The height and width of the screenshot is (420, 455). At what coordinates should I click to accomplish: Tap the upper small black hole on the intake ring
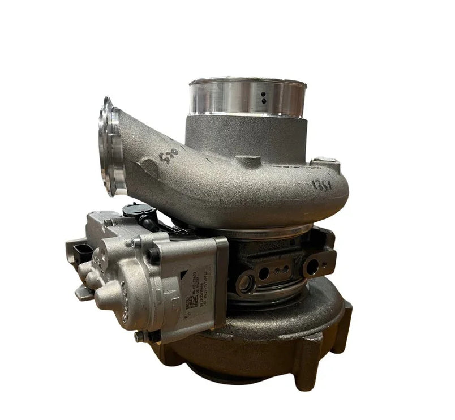coord(263,95)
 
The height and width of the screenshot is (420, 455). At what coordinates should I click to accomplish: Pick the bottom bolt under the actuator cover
coord(138,337)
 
